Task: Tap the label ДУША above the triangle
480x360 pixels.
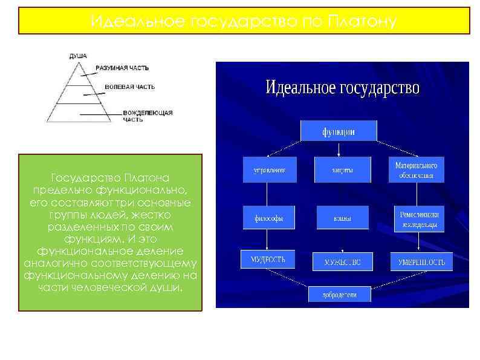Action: [78, 56]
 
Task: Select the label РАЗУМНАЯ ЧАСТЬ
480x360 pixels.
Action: [122, 68]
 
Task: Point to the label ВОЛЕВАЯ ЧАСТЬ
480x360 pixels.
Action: [129, 87]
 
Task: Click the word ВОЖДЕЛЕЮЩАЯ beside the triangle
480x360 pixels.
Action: [148, 113]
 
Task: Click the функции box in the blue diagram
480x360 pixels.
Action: [339, 131]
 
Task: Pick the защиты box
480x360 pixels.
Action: [342, 170]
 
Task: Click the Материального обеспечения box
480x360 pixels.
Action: [416, 170]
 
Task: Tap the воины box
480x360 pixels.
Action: [342, 218]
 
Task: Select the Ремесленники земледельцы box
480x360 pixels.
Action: [419, 220]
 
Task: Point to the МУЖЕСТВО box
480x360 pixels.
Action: [342, 262]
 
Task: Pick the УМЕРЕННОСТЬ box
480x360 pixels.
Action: [420, 262]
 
